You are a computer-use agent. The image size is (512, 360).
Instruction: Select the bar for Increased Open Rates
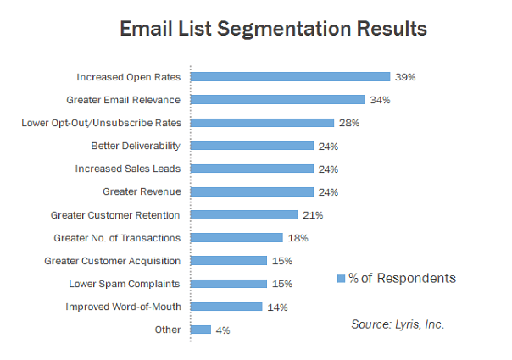290,76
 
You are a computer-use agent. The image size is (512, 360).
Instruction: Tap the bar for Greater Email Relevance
277,99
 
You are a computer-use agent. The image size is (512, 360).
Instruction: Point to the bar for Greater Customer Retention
244,214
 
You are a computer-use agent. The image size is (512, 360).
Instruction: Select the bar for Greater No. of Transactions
237,237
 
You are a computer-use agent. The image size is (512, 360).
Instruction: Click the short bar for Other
201,329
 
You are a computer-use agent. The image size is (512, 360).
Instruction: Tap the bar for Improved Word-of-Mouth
226,306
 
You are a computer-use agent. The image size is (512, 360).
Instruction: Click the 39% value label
404,77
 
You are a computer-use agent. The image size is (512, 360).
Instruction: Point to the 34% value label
378,100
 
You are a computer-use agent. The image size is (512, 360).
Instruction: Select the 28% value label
349,123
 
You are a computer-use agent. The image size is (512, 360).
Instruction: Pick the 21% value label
313,215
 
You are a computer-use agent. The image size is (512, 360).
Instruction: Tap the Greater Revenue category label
142,191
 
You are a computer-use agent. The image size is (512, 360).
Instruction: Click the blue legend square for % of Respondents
342,278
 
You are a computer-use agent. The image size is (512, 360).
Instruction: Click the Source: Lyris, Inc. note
397,324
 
